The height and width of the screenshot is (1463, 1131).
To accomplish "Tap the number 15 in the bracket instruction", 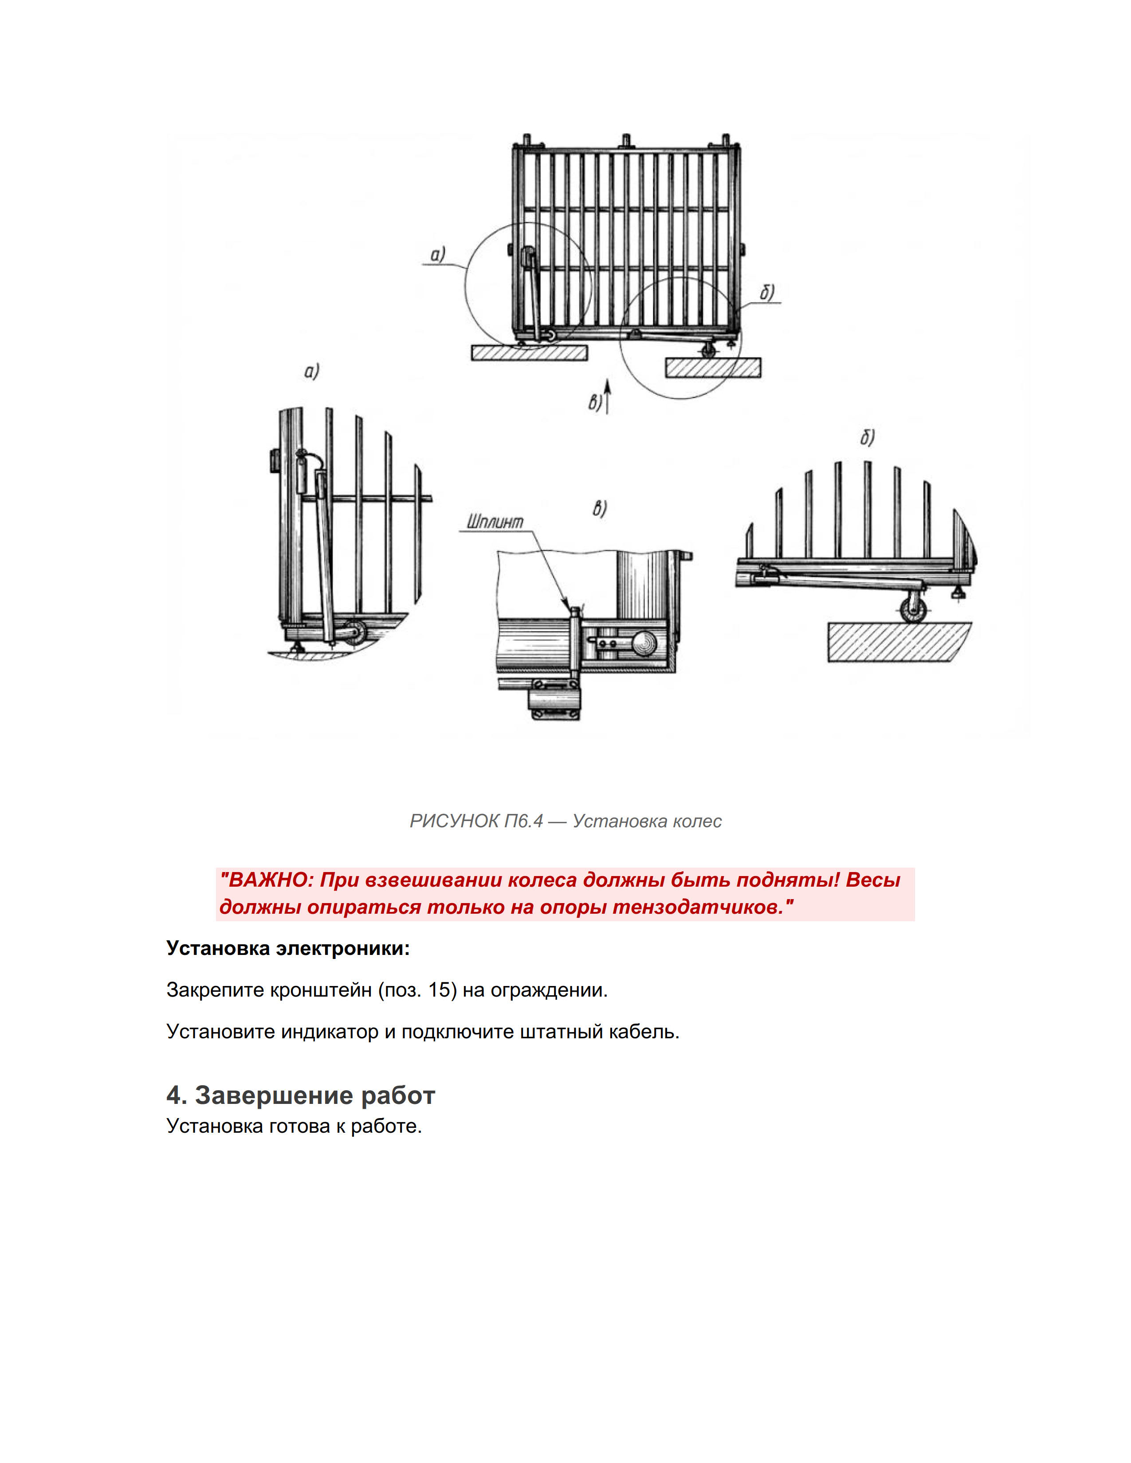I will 439,990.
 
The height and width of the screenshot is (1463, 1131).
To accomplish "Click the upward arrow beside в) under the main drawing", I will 607,395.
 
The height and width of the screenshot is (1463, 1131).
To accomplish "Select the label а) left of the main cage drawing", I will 437,254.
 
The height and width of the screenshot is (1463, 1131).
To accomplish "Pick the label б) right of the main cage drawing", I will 767,292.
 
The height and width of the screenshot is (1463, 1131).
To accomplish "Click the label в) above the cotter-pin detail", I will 599,509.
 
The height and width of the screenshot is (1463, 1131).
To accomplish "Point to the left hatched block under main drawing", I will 529,352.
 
